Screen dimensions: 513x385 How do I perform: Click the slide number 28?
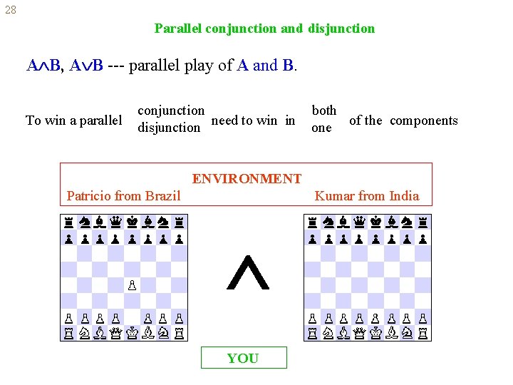click(x=9, y=10)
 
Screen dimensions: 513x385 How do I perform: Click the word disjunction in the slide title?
click(x=341, y=29)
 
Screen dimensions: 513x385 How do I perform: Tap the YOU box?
click(x=243, y=358)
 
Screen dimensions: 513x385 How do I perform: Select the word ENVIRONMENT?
click(x=247, y=179)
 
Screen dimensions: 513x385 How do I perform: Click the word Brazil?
click(x=162, y=196)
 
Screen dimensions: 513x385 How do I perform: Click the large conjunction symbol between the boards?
click(x=247, y=274)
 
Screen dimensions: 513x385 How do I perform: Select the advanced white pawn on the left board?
click(x=131, y=285)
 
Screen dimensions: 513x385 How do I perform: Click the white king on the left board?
click(x=132, y=332)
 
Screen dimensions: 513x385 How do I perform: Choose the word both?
click(x=324, y=111)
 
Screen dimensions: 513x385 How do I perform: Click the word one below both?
click(x=321, y=128)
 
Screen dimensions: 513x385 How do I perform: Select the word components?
click(x=424, y=120)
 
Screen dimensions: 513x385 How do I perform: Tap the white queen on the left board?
click(x=116, y=332)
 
